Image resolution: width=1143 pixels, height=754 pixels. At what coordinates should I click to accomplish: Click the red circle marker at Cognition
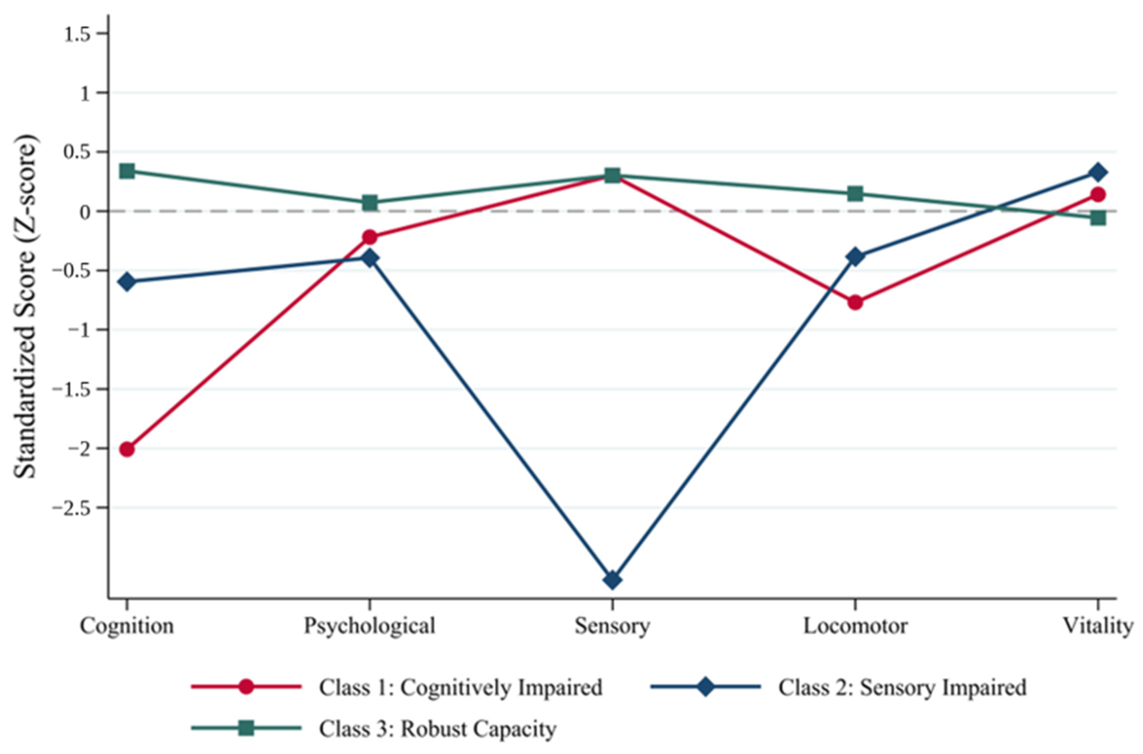click(127, 449)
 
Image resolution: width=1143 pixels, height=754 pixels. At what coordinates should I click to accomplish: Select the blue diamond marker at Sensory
click(612, 580)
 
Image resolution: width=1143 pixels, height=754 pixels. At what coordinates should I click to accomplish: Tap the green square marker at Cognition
click(127, 171)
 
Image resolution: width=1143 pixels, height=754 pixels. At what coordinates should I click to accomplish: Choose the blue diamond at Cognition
click(127, 281)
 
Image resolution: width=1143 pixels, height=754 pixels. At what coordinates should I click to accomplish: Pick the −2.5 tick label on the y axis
click(72, 508)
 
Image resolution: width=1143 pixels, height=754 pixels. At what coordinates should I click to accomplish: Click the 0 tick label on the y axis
click(86, 212)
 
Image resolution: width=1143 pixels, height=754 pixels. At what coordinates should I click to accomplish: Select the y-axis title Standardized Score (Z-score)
click(25, 306)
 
